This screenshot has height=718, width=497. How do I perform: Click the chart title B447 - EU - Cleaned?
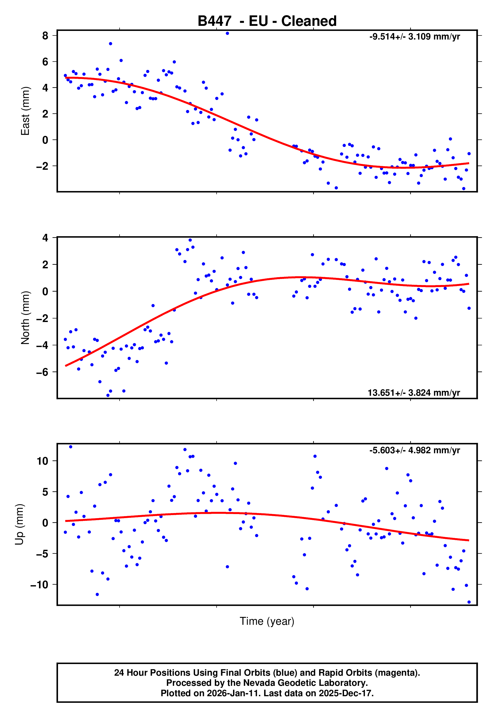[x=267, y=21]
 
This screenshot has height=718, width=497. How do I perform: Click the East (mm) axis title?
[x=25, y=111]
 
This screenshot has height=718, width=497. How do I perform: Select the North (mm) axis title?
[x=25, y=318]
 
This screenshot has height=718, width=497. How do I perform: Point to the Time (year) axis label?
[x=267, y=621]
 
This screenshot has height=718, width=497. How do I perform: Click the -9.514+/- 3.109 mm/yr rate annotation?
[x=414, y=37]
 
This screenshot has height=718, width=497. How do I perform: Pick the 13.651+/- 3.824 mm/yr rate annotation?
[x=414, y=393]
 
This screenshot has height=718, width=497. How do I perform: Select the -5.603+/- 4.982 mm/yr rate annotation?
[x=414, y=450]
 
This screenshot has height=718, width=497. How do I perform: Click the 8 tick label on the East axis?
[x=45, y=36]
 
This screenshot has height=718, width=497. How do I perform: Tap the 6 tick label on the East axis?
[x=45, y=62]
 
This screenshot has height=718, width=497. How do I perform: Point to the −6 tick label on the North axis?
[x=42, y=372]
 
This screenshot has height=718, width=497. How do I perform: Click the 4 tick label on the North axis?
[x=45, y=238]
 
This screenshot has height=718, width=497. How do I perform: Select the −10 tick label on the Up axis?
[x=39, y=584]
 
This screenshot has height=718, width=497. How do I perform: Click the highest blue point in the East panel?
[x=227, y=33]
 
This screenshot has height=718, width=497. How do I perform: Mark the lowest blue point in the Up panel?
[x=469, y=602]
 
